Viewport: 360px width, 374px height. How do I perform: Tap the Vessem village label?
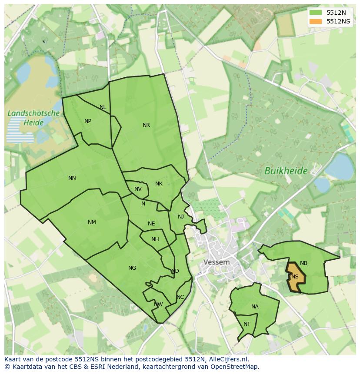(x=217, y=262)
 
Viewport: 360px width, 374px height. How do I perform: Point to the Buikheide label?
(x=286, y=171)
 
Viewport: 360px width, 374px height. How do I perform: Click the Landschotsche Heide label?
(x=33, y=118)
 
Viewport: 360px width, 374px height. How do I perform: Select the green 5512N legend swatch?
(x=316, y=13)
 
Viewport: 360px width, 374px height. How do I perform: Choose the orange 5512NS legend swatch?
(x=316, y=21)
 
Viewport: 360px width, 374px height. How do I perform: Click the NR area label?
(x=146, y=125)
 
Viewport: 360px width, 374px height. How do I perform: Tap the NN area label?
(x=72, y=178)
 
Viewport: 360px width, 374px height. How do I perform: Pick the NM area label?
(x=92, y=222)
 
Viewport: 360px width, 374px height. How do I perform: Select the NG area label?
(x=132, y=268)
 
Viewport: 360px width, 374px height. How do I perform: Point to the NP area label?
(x=88, y=121)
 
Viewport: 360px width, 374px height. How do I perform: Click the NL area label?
(x=103, y=107)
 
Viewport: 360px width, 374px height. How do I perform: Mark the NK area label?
(x=159, y=184)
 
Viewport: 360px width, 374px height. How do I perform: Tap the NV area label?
(x=138, y=189)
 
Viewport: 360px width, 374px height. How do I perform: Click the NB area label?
(x=303, y=263)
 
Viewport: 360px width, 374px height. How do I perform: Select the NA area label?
(x=255, y=307)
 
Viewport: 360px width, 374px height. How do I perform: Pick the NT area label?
(x=247, y=324)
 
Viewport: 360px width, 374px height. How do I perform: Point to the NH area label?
(x=155, y=239)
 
